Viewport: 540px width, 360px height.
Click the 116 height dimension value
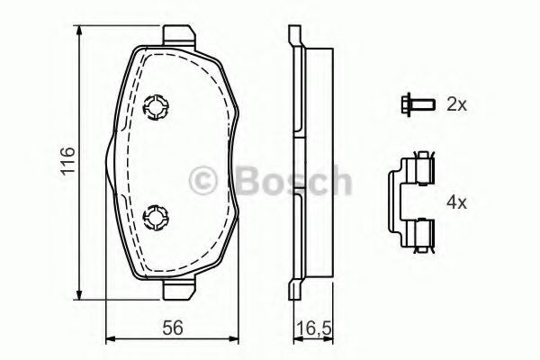click(x=67, y=162)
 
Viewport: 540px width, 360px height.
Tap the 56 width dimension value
click(x=173, y=328)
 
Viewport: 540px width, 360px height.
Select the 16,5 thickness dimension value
click(x=313, y=328)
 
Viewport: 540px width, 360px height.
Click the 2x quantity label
click(x=456, y=104)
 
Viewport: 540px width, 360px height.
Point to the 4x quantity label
click(x=456, y=202)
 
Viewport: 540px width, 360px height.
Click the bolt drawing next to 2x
click(x=418, y=103)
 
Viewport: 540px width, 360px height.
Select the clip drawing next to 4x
click(x=411, y=202)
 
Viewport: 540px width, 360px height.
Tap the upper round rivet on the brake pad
click(x=156, y=107)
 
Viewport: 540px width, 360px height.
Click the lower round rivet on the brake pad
click(x=156, y=217)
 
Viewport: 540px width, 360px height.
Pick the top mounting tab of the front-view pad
click(x=179, y=34)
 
